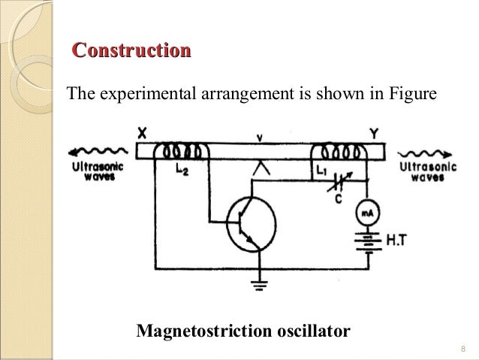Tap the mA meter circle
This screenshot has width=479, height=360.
(366, 213)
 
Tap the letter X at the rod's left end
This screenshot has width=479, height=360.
(142, 132)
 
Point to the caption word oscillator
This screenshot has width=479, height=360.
(306, 331)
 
